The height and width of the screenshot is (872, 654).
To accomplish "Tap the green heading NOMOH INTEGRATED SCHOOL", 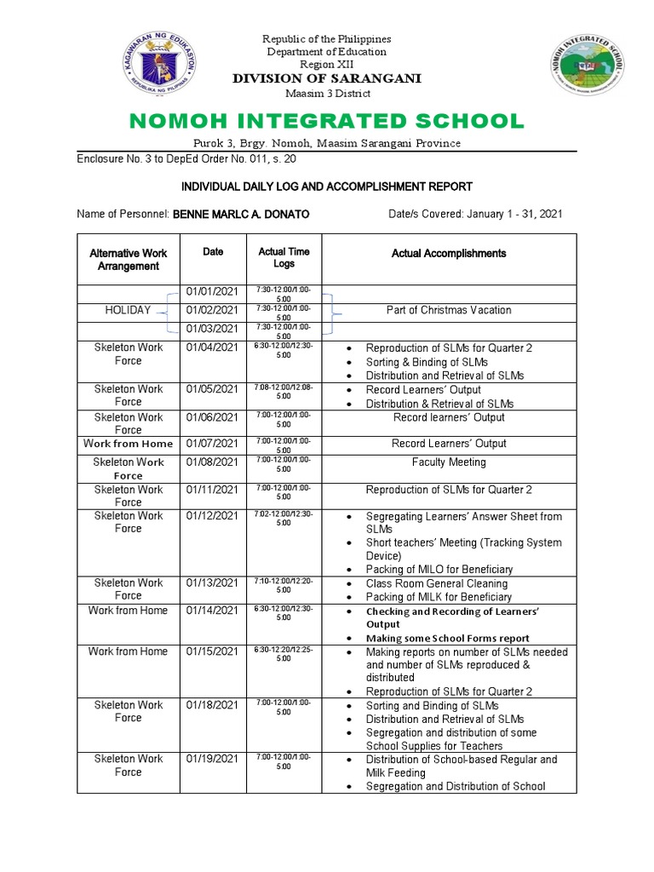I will click(327, 120).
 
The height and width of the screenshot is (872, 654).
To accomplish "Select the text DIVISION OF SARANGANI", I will click(327, 79).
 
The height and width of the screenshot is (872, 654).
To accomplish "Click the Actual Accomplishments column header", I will click(449, 253).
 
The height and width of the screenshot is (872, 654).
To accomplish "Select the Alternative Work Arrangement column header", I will click(128, 259).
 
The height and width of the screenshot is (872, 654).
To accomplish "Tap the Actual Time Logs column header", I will click(284, 258).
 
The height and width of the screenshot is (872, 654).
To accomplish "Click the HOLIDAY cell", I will click(128, 310).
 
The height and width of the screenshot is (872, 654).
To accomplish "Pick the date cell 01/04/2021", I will click(212, 348).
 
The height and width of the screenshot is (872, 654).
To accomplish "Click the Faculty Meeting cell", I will click(449, 462).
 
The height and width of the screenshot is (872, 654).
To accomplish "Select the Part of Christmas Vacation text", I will click(449, 310).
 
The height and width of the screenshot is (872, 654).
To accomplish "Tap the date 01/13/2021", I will click(212, 583).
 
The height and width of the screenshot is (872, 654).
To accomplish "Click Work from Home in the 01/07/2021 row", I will click(128, 444).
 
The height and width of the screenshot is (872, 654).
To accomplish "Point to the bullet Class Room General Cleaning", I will click(436, 583).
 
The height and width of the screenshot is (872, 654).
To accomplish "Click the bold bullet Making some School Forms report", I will click(447, 638).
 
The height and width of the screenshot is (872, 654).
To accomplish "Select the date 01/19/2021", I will click(212, 759).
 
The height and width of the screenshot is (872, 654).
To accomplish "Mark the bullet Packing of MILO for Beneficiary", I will click(439, 569).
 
